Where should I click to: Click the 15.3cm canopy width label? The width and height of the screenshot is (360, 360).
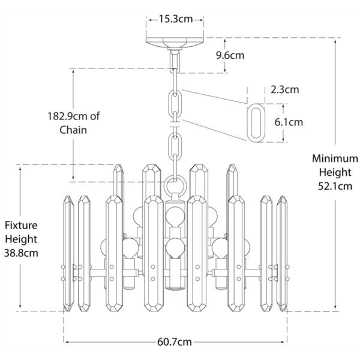point(176,19)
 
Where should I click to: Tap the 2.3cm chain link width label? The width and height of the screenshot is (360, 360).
point(284,91)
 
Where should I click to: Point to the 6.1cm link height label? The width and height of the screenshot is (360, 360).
point(289,122)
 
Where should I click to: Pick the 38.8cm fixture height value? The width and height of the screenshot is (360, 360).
point(21,253)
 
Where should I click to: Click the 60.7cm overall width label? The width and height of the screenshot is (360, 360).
point(175,343)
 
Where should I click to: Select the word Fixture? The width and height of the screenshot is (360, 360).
point(21,226)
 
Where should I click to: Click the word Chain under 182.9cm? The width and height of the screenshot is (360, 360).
point(73,130)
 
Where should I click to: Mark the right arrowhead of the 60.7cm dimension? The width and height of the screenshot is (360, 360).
point(286,342)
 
